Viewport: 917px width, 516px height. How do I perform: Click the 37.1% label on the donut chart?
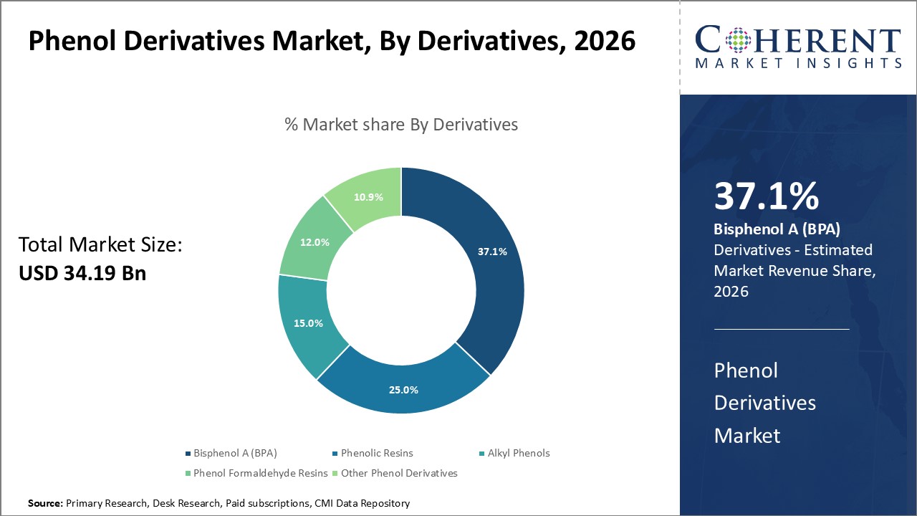pos(492,252)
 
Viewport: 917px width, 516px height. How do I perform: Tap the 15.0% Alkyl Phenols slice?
pos(308,323)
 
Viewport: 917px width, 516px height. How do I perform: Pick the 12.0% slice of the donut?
pos(315,242)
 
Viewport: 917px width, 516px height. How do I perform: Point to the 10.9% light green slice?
pos(368,196)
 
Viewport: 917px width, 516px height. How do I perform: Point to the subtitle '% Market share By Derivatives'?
pos(401,125)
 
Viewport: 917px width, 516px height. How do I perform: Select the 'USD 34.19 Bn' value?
pos(82,273)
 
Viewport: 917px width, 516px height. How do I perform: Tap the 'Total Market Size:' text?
pos(101,245)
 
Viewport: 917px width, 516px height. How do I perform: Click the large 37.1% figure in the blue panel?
pos(766,197)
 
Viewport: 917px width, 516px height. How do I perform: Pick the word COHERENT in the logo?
pos(798,41)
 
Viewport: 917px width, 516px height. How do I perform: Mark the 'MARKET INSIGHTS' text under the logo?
pos(798,64)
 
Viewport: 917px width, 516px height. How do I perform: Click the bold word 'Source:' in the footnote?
pos(46,504)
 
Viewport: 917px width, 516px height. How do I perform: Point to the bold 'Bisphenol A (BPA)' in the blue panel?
pos(777,230)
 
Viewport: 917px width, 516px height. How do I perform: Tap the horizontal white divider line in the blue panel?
pos(782,329)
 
